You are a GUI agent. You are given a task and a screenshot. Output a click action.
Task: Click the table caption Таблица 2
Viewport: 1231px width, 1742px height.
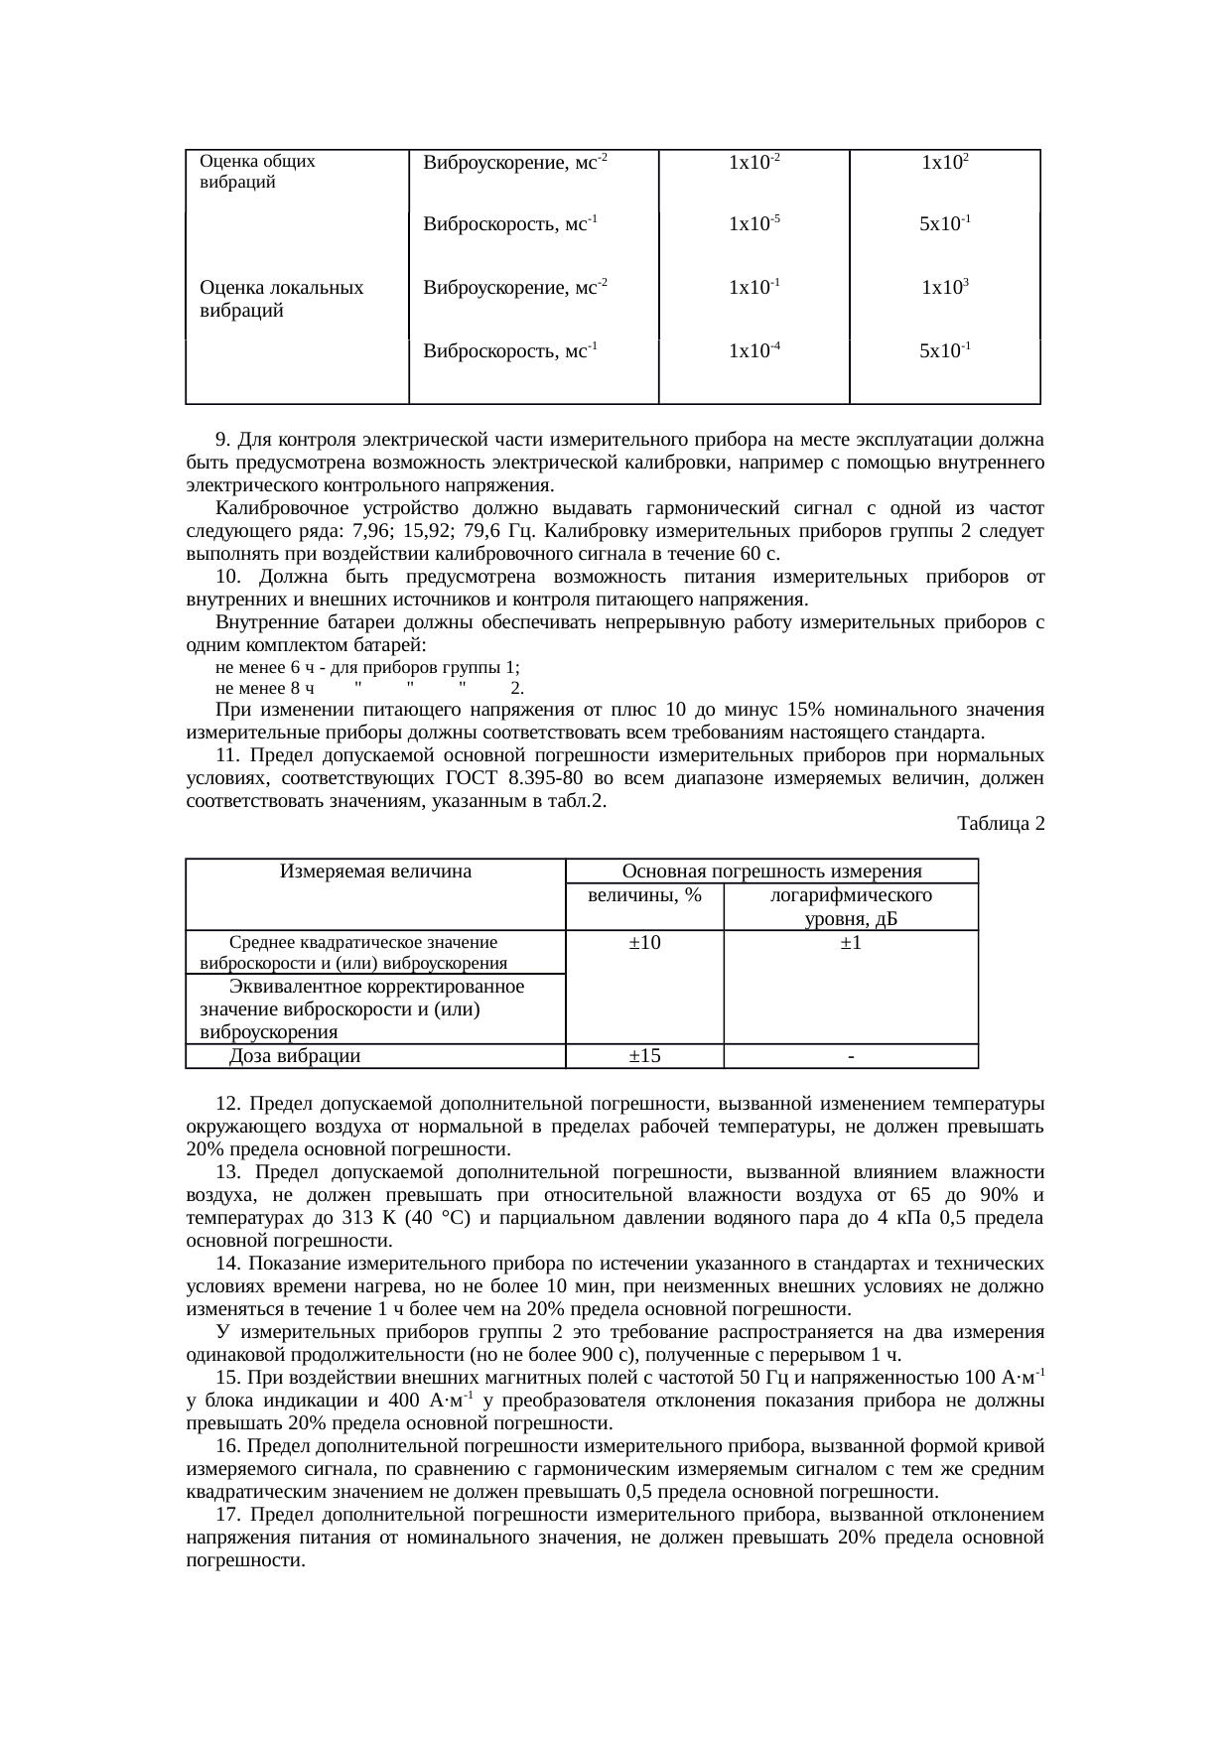click(x=1000, y=824)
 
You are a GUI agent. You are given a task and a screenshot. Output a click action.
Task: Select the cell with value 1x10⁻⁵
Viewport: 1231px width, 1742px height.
click(x=753, y=224)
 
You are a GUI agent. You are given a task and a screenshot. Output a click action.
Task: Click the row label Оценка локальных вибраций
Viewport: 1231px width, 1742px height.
click(x=280, y=299)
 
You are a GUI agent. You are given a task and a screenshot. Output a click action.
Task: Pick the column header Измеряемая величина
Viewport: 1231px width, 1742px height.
click(x=375, y=871)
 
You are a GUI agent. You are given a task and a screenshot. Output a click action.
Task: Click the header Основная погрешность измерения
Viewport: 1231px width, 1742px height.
click(x=771, y=871)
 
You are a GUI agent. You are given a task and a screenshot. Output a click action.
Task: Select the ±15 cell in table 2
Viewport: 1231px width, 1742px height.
click(x=644, y=1055)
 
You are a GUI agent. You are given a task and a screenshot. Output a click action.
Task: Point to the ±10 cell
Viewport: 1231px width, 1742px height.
click(x=644, y=943)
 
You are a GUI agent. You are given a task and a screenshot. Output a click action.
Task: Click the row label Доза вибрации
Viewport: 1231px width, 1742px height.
click(x=295, y=1055)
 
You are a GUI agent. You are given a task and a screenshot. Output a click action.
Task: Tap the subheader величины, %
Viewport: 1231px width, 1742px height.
click(x=644, y=895)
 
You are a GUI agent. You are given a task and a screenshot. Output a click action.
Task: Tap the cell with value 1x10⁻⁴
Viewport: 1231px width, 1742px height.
click(x=753, y=350)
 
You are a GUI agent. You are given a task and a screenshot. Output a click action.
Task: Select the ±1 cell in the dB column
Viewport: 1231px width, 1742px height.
click(x=851, y=943)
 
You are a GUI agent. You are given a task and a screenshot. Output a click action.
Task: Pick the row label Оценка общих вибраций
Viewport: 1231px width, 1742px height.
click(x=257, y=172)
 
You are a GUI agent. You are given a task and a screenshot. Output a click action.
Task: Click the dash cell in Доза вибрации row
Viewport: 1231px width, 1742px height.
click(x=851, y=1056)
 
